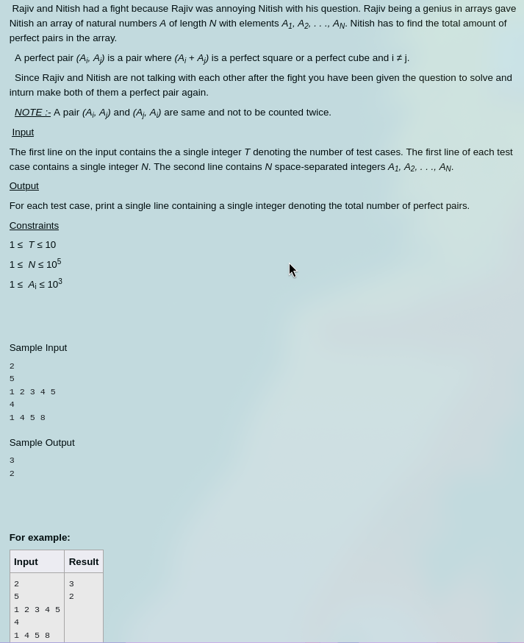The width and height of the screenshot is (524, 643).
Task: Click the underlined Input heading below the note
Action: (x=23, y=132)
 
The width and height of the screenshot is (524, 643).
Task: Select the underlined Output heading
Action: (x=24, y=186)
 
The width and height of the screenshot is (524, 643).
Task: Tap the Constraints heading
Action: (x=34, y=226)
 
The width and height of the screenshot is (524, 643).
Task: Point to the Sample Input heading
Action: (x=38, y=348)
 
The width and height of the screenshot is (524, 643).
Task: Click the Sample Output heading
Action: (x=42, y=443)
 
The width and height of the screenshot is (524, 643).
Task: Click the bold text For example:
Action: (x=40, y=538)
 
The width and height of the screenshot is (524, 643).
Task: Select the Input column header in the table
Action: (x=26, y=562)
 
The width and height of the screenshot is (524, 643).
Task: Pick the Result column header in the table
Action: (x=84, y=562)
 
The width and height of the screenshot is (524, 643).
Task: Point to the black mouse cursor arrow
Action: (x=292, y=269)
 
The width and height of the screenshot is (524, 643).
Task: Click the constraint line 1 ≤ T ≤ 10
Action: (x=32, y=245)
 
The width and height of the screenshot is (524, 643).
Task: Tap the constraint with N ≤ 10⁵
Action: (x=35, y=264)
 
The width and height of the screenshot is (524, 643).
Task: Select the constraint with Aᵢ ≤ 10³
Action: (x=36, y=284)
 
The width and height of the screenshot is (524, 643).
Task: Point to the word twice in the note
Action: (x=317, y=113)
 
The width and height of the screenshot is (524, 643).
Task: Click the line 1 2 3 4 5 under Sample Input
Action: (x=32, y=392)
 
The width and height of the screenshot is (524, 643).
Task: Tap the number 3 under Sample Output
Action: (x=12, y=461)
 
